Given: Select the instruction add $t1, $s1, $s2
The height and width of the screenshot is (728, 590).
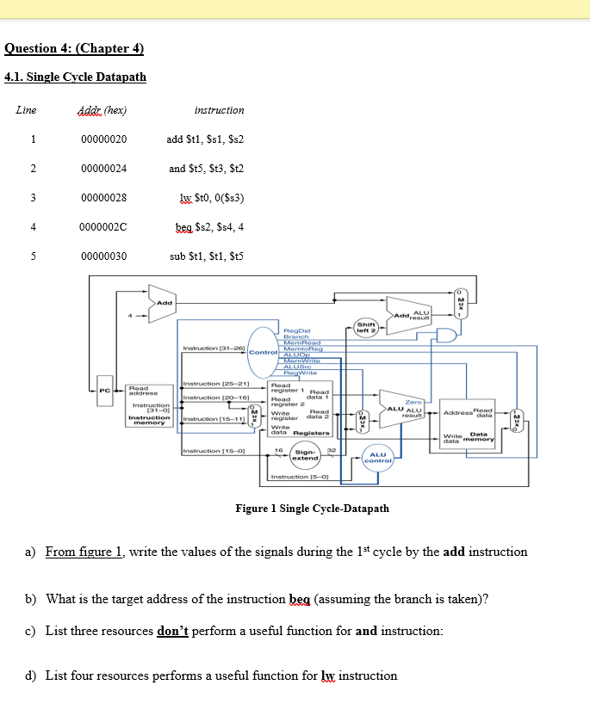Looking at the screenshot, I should (207, 139).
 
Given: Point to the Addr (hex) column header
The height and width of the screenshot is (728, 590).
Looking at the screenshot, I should (102, 110).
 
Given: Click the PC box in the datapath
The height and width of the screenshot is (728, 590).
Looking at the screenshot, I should (103, 391).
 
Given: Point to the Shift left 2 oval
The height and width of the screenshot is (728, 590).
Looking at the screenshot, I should (366, 329).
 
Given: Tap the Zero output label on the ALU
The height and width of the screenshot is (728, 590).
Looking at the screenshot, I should (413, 402).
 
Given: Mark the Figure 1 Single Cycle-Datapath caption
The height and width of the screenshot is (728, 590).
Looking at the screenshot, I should (312, 509).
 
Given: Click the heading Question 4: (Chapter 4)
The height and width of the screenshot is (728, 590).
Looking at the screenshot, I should (73, 48).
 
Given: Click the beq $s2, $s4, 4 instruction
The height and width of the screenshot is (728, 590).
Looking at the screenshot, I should (207, 227).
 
